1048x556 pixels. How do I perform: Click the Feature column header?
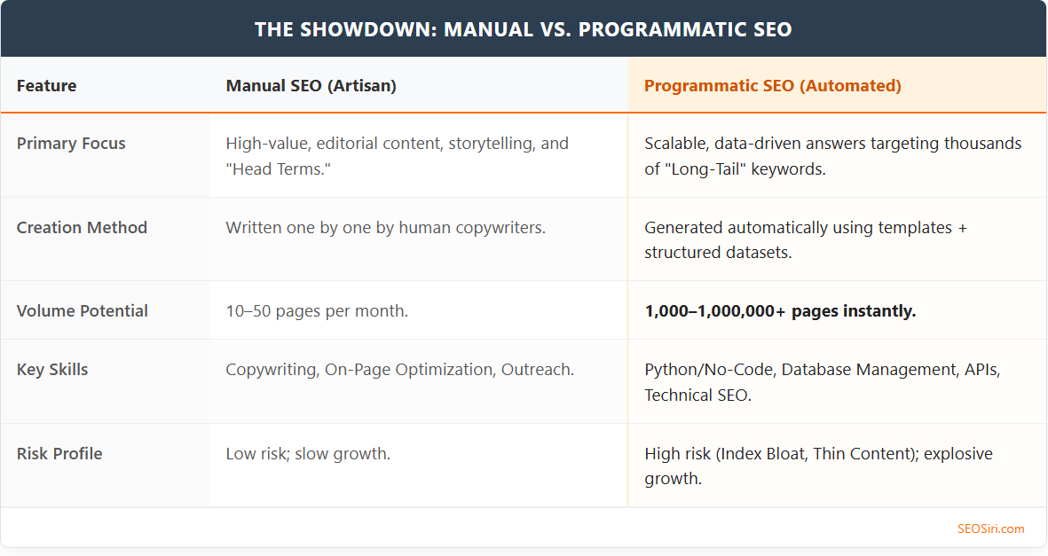(x=46, y=86)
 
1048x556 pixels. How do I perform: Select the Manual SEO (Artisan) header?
(x=311, y=86)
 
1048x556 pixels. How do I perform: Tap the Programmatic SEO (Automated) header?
(x=772, y=86)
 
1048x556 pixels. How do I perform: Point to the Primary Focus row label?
(x=71, y=144)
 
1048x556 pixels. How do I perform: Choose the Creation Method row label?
(x=82, y=228)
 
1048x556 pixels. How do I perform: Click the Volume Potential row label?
(x=83, y=311)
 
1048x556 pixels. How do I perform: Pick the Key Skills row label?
(x=52, y=370)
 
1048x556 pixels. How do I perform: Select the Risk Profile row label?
(x=59, y=454)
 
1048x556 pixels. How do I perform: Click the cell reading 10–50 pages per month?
(x=317, y=311)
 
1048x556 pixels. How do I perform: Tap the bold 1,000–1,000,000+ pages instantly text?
(x=780, y=311)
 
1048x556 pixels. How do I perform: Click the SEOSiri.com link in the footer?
(x=990, y=529)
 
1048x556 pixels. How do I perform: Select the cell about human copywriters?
(x=385, y=228)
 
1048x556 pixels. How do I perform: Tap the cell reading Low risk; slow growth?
(x=308, y=454)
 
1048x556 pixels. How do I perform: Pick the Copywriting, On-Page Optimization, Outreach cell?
(x=399, y=370)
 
